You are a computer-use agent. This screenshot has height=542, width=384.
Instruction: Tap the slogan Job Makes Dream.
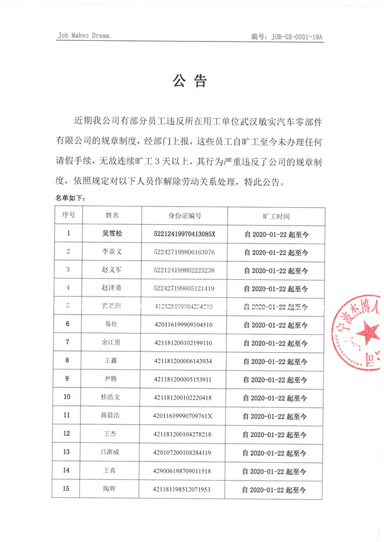pos(84,36)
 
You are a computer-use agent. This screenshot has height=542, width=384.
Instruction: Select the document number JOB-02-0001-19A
pos(287,37)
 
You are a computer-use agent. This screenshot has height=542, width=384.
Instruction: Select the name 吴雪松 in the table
pos(112,234)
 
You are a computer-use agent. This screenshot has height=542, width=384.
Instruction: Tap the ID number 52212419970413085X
pos(185,234)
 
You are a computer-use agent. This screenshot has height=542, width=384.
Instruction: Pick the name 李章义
pos(112,252)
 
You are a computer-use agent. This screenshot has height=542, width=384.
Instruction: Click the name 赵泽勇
pos(112,288)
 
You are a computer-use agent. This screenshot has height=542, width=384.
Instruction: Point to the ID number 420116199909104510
pos(184,325)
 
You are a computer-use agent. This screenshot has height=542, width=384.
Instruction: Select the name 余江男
pos(112,343)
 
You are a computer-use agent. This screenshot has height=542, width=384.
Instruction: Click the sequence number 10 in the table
pos(68,398)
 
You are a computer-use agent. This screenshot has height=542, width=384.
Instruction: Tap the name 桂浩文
pos(112,398)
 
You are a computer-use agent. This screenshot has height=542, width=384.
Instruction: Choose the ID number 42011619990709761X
pos(184,416)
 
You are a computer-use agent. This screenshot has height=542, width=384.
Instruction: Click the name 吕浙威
pos(112,453)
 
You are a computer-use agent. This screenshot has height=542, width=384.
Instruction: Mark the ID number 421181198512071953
pos(184,490)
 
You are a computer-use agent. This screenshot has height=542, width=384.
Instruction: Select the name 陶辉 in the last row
pos(112,490)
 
